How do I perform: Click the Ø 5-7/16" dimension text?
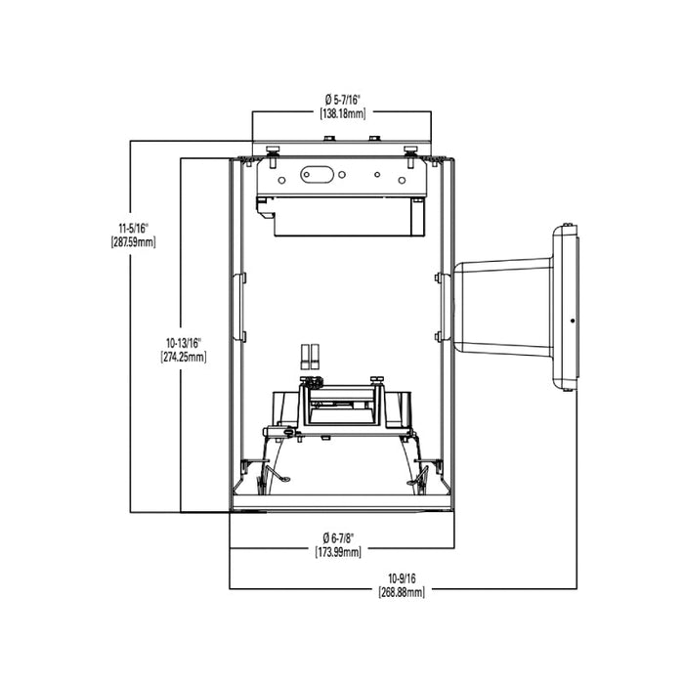[341, 100]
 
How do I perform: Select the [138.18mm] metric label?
[341, 113]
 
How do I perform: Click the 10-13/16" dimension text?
[184, 343]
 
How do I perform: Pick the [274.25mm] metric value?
[184, 358]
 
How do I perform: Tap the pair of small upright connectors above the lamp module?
[310, 357]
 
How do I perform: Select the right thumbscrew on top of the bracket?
[410, 150]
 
